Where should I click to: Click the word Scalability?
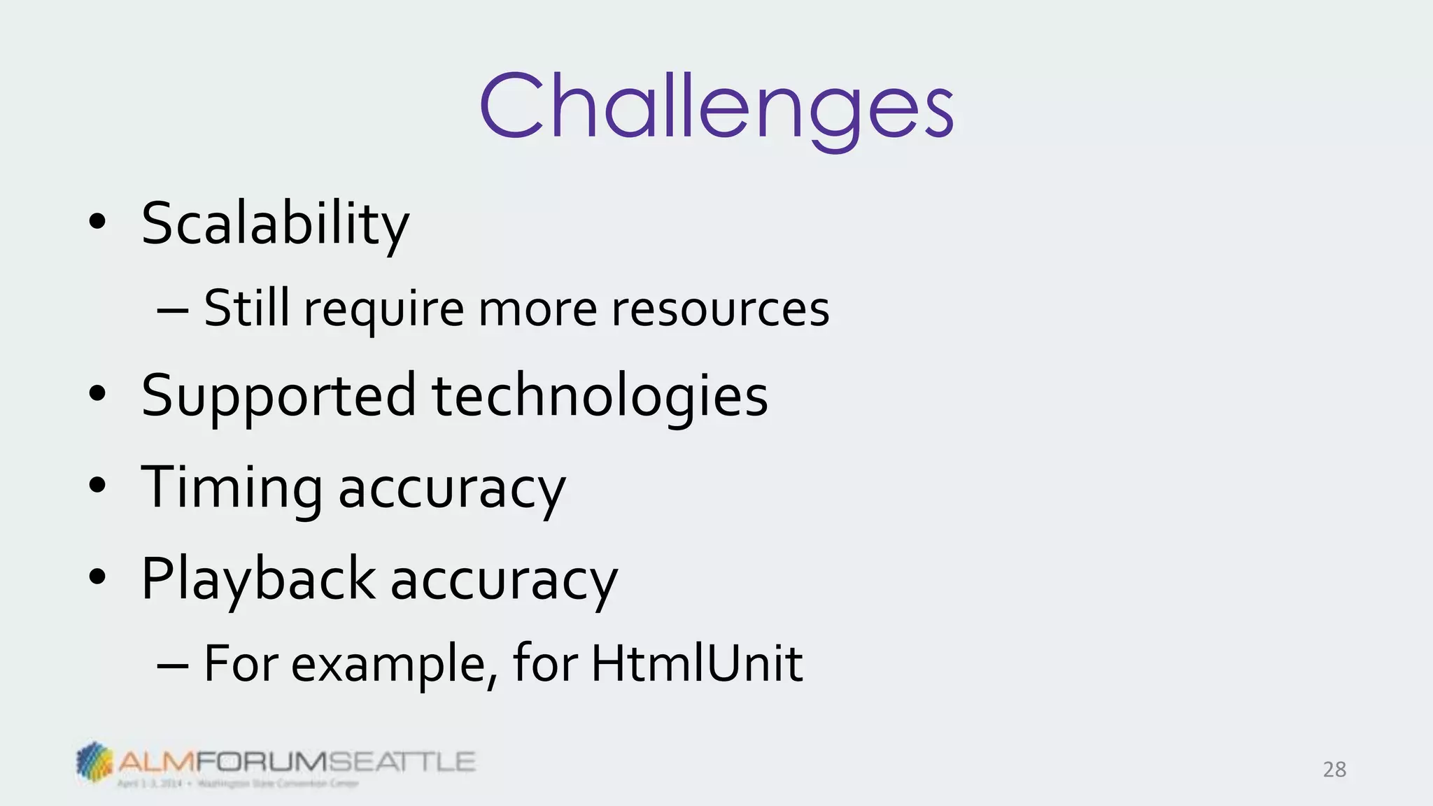(275, 224)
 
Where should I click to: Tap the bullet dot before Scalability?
(98, 222)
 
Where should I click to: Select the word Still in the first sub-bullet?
(246, 308)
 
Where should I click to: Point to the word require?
(383, 309)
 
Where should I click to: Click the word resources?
(720, 309)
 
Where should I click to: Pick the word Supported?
(278, 396)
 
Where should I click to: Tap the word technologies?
(600, 396)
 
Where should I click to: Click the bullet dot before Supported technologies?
(98, 395)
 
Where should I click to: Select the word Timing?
(232, 488)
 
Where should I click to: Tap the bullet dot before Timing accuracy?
(98, 486)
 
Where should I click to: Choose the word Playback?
(258, 579)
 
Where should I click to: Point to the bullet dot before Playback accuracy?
(98, 577)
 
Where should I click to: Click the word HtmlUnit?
(697, 663)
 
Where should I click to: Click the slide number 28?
(1334, 770)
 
